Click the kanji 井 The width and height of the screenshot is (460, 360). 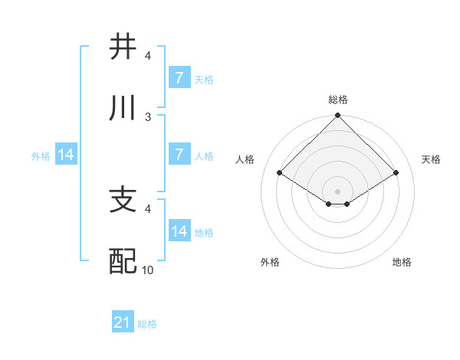click(x=123, y=47)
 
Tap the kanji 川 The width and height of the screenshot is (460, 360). click(x=123, y=108)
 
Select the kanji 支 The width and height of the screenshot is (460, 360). click(x=123, y=200)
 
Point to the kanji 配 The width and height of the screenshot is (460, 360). click(x=123, y=262)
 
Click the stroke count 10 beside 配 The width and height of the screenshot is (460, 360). click(x=148, y=270)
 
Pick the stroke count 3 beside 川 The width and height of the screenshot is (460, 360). click(x=148, y=116)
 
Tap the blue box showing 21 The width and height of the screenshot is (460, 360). click(x=123, y=323)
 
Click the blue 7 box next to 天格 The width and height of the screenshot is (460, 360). click(x=179, y=78)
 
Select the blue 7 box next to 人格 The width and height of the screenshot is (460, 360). click(x=179, y=155)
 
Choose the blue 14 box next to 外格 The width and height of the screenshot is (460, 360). click(x=66, y=155)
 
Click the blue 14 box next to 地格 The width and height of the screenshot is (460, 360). click(x=179, y=231)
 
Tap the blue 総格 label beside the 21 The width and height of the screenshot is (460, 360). click(x=147, y=324)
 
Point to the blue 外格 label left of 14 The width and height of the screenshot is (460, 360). click(x=41, y=156)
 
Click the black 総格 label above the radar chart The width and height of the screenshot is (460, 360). click(x=338, y=100)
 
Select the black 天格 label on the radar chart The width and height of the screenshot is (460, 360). click(x=432, y=159)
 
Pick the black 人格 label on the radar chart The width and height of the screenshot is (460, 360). click(x=245, y=159)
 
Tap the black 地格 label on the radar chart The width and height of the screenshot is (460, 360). click(x=402, y=262)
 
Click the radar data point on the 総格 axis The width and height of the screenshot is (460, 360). click(x=338, y=116)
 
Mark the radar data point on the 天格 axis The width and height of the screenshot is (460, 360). click(x=396, y=173)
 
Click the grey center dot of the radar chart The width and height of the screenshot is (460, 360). click(x=338, y=191)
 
